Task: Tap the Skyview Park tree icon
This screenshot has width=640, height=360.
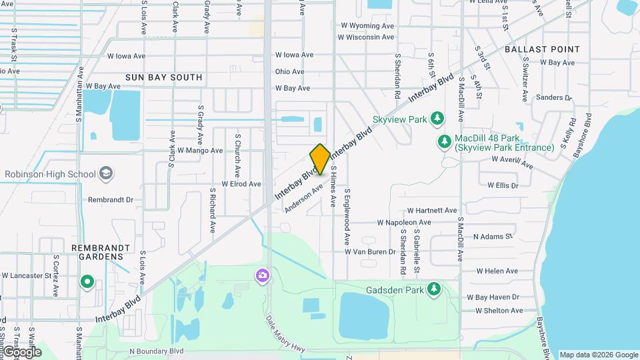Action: click(437, 119)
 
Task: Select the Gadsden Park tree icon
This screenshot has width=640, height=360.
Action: click(434, 289)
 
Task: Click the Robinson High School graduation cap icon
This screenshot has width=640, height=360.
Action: click(105, 174)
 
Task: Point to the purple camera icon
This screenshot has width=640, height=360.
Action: click(263, 275)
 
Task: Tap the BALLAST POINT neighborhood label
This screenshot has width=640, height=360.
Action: click(542, 49)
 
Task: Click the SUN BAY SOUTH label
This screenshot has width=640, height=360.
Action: click(163, 77)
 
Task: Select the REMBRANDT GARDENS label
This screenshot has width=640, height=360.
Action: click(101, 252)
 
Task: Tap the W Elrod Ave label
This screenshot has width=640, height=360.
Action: click(241, 183)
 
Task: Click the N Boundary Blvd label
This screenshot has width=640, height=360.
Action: click(156, 351)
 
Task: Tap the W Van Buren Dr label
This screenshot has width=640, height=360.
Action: click(370, 252)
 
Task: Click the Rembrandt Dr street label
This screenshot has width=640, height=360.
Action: click(111, 199)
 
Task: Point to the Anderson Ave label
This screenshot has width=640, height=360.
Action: click(303, 198)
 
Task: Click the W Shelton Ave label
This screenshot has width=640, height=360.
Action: click(499, 311)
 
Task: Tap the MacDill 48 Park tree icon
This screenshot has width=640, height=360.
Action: click(444, 142)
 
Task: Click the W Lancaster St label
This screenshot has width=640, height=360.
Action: click(27, 275)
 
